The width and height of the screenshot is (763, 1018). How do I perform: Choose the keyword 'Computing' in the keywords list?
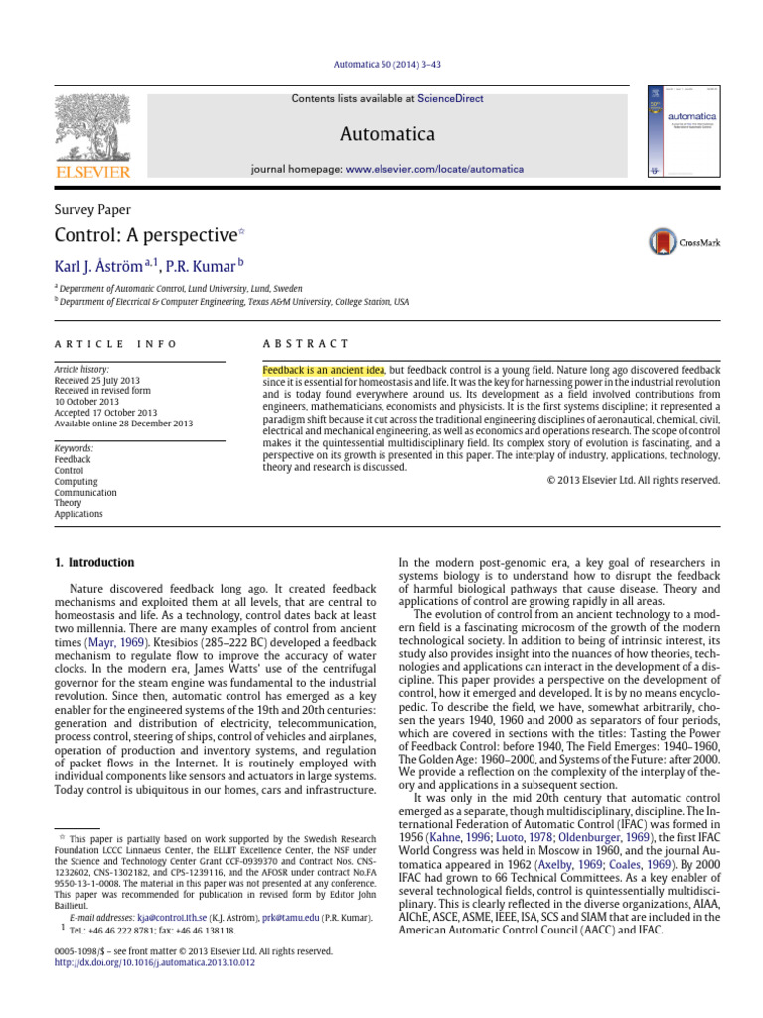tap(76, 481)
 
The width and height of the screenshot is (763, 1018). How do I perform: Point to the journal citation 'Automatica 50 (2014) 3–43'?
tap(381, 64)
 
